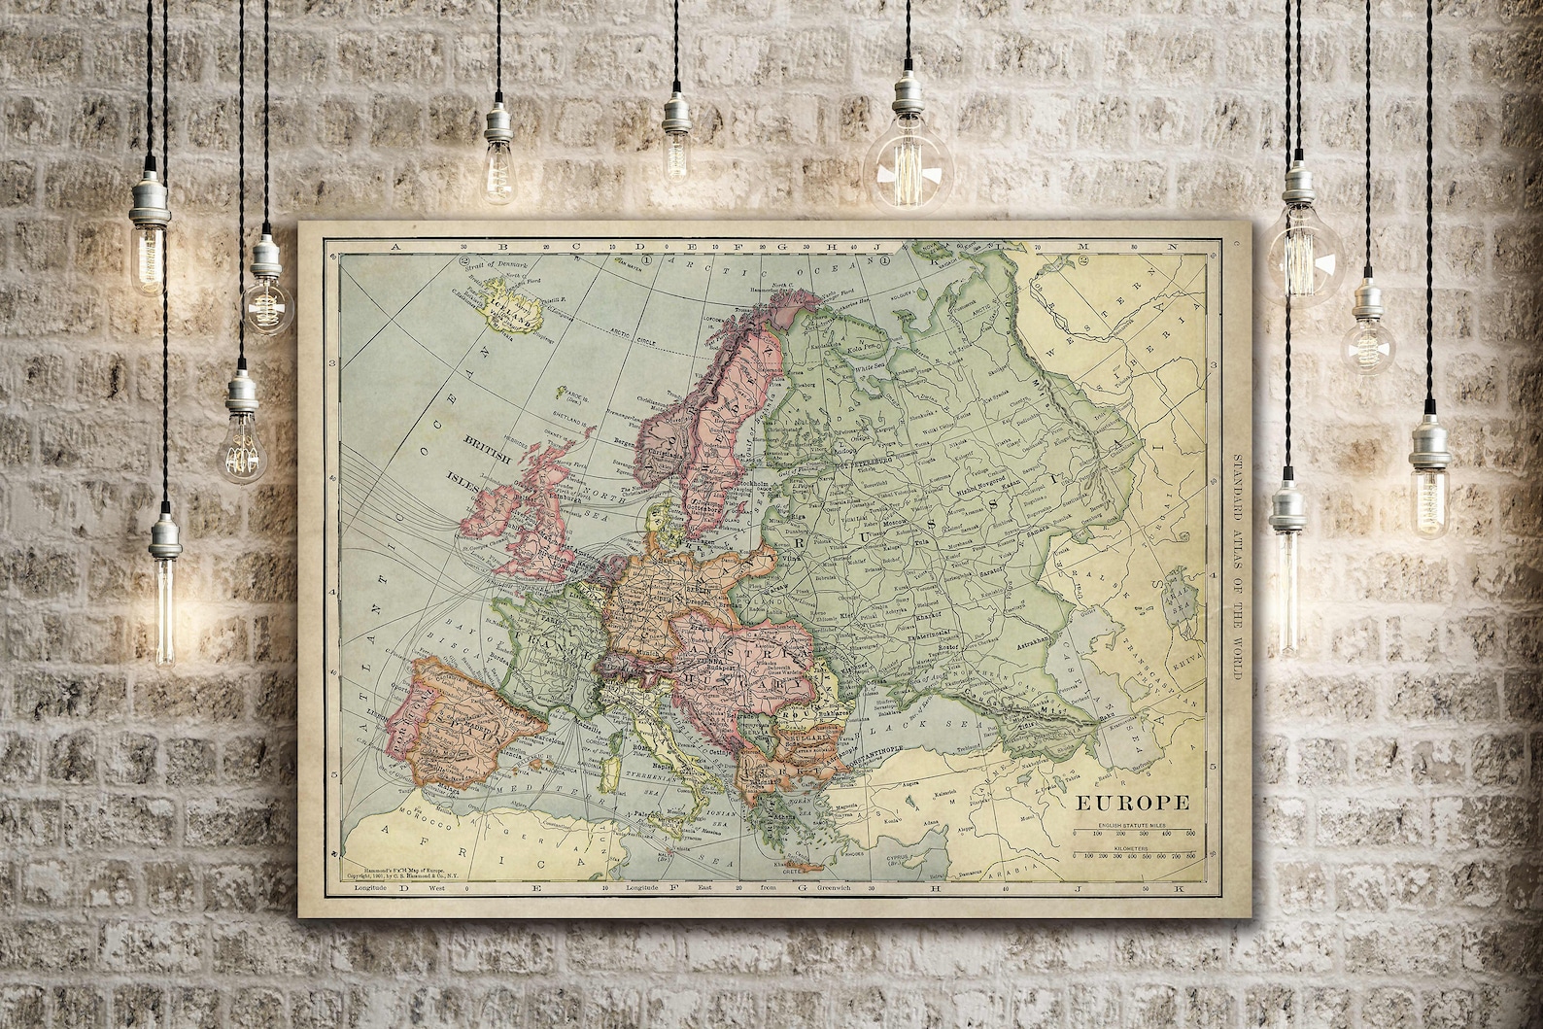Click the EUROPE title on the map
coord(1131,803)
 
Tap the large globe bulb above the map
coord(909,165)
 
